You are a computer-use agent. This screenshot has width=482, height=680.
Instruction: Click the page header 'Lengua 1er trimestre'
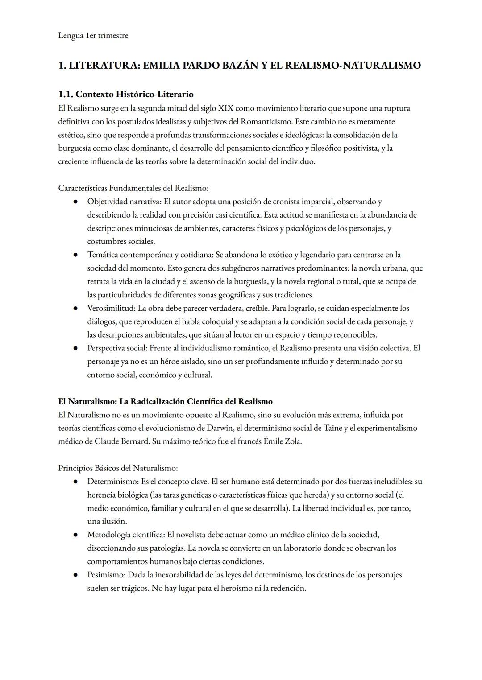[93, 36]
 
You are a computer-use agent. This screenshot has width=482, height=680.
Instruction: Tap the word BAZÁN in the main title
[235, 66]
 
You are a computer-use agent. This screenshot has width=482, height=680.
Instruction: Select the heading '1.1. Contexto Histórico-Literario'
[126, 94]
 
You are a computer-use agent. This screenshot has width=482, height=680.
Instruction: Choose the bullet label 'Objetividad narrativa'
[124, 202]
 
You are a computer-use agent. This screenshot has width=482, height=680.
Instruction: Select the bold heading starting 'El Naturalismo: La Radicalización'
[165, 401]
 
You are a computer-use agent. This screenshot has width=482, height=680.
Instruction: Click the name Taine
[333, 428]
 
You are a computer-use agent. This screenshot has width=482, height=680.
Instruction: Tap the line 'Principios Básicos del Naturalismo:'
[118, 468]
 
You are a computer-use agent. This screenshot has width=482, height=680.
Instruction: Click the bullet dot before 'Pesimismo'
[76, 575]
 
